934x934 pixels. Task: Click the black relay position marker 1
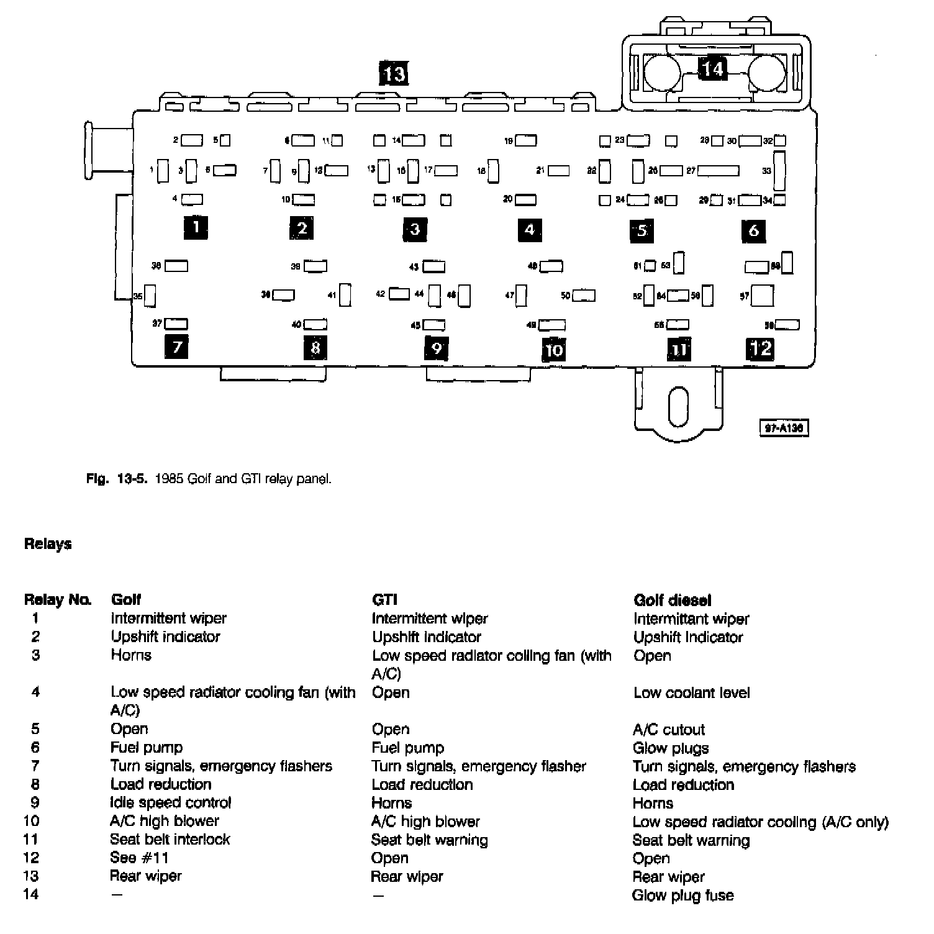click(x=196, y=227)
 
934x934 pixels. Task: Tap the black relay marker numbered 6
click(x=753, y=231)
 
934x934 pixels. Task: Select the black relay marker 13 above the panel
click(x=394, y=74)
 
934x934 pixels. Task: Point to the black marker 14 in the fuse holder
click(x=712, y=68)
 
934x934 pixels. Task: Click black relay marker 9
click(x=437, y=348)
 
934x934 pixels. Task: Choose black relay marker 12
click(x=760, y=349)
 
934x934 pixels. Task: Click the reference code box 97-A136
click(x=784, y=428)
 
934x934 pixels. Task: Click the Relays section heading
click(x=48, y=544)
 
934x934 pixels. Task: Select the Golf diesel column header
click(x=672, y=601)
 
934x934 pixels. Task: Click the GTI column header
click(x=384, y=601)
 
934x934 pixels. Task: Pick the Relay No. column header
click(x=58, y=601)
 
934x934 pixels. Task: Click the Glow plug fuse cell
click(x=682, y=895)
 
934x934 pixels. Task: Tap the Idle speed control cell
click(x=170, y=803)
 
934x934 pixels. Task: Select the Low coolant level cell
click(x=691, y=692)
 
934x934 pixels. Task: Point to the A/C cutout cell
click(x=669, y=730)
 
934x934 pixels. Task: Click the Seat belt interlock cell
click(x=170, y=840)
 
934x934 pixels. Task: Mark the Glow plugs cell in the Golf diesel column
click(x=671, y=748)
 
